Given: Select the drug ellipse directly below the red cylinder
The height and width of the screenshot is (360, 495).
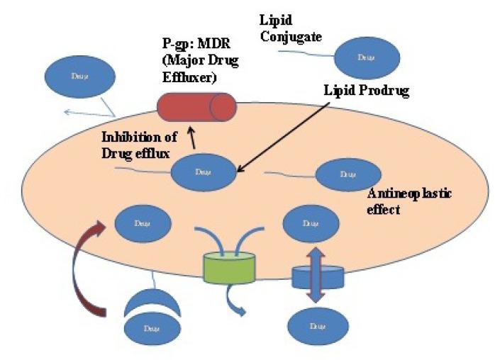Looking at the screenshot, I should coord(204,172).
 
